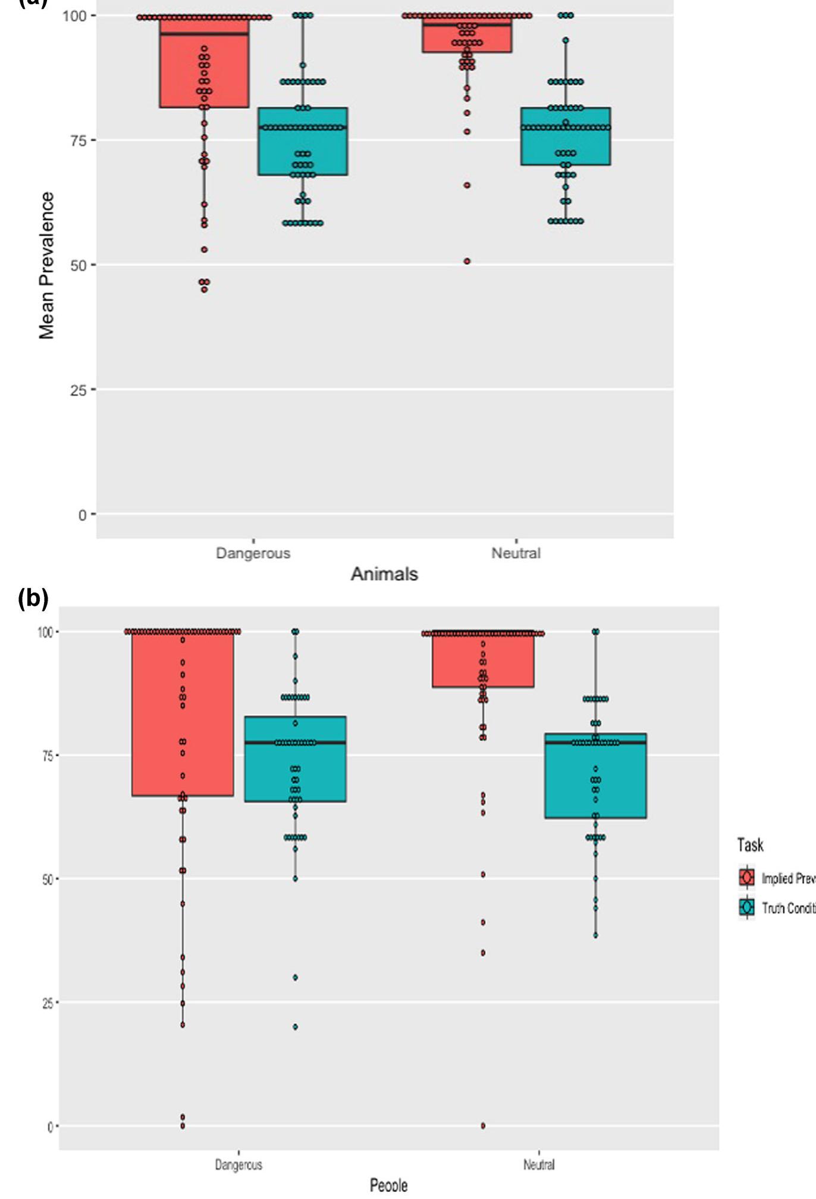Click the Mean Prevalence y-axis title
pyautogui.click(x=46, y=265)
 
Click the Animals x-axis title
pyautogui.click(x=384, y=574)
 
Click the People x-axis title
pyautogui.click(x=388, y=1185)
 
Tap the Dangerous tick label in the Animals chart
pyautogui.click(x=253, y=553)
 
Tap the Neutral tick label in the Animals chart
pyautogui.click(x=516, y=553)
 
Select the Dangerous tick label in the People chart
pyautogui.click(x=238, y=1164)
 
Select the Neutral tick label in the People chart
pyautogui.click(x=539, y=1164)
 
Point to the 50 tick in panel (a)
pyautogui.click(x=78, y=265)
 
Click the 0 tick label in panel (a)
pyautogui.click(x=83, y=515)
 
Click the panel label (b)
pyautogui.click(x=33, y=598)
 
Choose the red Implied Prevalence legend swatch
pyautogui.click(x=747, y=878)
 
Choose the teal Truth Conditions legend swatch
pyautogui.click(x=747, y=907)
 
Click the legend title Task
pyautogui.click(x=750, y=845)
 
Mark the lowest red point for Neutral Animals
pyautogui.click(x=467, y=261)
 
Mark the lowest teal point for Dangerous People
pyautogui.click(x=295, y=1026)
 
